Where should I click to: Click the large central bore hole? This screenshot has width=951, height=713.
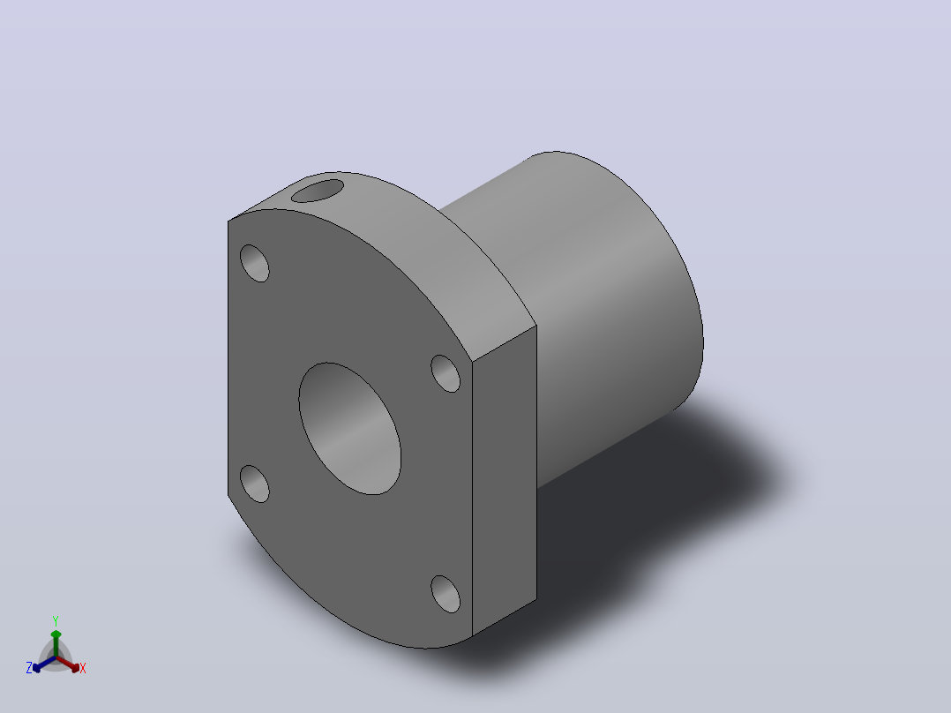pyautogui.click(x=350, y=428)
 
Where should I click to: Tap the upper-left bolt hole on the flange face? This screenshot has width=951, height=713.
pyautogui.click(x=255, y=263)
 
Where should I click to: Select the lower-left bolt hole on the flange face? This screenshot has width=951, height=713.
pyautogui.click(x=255, y=484)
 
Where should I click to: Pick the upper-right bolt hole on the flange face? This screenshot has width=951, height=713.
pyautogui.click(x=446, y=373)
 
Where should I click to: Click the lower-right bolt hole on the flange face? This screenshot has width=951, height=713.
pyautogui.click(x=446, y=594)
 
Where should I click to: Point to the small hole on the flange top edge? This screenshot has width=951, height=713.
pyautogui.click(x=318, y=191)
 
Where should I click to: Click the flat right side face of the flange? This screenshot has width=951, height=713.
pyautogui.click(x=505, y=481)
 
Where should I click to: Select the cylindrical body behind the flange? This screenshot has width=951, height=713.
pyautogui.click(x=601, y=316)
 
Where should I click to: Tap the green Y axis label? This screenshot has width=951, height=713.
pyautogui.click(x=56, y=620)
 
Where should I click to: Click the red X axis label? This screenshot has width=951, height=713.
pyautogui.click(x=83, y=668)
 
